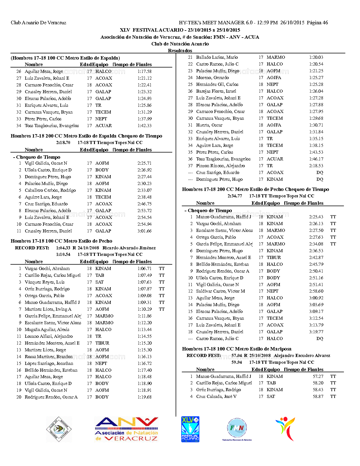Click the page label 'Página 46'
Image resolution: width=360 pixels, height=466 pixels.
[317, 23]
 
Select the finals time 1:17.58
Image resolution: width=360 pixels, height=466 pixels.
[145, 71]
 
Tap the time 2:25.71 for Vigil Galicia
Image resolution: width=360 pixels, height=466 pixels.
[145, 163]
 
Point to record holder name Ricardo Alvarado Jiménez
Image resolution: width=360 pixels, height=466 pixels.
[129, 248]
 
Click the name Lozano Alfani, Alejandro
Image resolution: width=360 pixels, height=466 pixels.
[49, 336]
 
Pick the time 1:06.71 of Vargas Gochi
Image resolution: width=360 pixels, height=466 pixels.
[145, 269]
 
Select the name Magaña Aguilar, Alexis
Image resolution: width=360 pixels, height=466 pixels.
[47, 330]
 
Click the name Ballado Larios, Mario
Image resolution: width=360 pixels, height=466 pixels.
[217, 57]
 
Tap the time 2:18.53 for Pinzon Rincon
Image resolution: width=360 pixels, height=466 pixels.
[316, 166]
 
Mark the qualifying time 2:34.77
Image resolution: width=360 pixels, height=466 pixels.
[235, 196]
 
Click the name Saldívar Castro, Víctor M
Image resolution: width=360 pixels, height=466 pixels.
[221, 291]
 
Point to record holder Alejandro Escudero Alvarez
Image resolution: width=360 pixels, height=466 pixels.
[302, 356]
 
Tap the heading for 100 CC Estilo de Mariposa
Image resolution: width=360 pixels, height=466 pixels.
[237, 349]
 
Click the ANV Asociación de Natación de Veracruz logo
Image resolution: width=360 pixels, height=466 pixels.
[126, 429]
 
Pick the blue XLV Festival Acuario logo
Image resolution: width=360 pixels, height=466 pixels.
[190, 429]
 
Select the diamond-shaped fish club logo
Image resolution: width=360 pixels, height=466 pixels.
[59, 429]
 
